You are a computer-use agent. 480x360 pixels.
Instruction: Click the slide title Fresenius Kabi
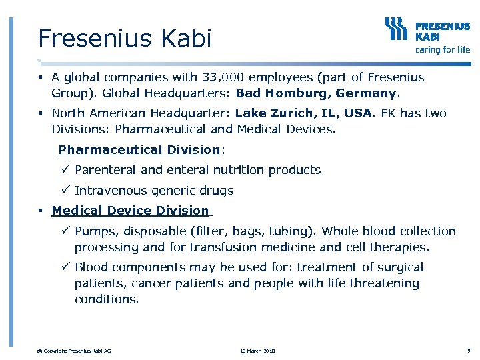tap(125, 38)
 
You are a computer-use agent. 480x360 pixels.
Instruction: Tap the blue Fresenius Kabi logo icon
tap(397, 30)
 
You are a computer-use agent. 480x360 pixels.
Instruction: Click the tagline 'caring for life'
tap(443, 49)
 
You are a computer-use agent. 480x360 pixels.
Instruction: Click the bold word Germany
tap(366, 93)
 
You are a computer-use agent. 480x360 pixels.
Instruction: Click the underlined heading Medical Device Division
tap(130, 211)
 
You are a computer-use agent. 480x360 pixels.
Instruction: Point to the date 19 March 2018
tap(257, 351)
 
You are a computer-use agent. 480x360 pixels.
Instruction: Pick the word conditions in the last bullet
tap(107, 299)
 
